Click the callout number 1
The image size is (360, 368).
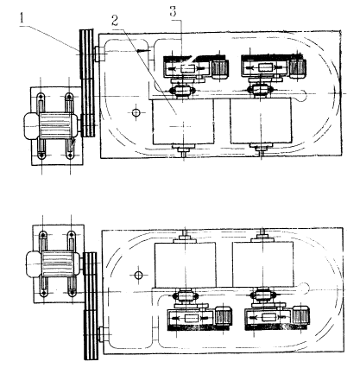(x=22, y=17)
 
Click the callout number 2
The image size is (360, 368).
(x=115, y=21)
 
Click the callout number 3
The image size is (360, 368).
(x=174, y=12)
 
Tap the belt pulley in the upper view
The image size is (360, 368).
(x=87, y=83)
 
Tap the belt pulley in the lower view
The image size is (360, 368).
(x=91, y=306)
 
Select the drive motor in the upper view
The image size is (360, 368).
(x=51, y=125)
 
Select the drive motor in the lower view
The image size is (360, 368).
(x=54, y=263)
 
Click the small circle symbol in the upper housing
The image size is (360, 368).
(x=136, y=112)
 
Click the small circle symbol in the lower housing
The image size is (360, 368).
(x=139, y=276)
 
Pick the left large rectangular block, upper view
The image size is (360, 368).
(x=183, y=122)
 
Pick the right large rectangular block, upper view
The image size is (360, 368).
(x=261, y=121)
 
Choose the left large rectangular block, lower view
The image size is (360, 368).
(x=186, y=264)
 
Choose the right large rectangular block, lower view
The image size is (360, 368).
(x=263, y=264)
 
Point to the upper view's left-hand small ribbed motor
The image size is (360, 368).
(x=220, y=68)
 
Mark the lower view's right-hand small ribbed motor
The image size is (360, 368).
(x=301, y=315)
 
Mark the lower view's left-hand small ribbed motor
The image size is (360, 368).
(x=224, y=316)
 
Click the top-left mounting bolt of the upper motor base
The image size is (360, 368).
(x=41, y=97)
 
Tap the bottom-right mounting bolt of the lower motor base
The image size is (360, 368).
(x=72, y=294)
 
